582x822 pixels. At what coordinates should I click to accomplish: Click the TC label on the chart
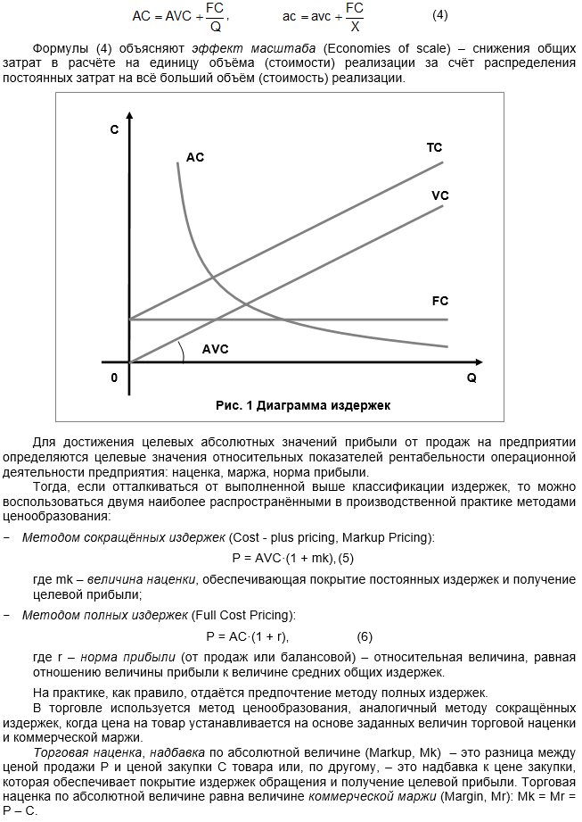(x=434, y=147)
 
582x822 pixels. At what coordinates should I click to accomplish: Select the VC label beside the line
(x=439, y=195)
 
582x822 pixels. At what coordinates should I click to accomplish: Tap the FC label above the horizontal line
(x=439, y=302)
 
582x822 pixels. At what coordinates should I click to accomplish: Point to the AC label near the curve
(x=195, y=157)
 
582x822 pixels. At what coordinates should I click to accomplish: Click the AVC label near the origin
(x=216, y=349)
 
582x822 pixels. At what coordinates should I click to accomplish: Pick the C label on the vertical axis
(x=114, y=130)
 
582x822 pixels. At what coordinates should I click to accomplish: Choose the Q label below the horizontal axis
(x=471, y=378)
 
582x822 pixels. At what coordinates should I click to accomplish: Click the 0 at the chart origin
(x=114, y=378)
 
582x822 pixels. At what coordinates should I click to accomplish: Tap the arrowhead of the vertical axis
(x=130, y=116)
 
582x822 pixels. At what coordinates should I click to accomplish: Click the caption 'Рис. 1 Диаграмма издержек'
(x=303, y=404)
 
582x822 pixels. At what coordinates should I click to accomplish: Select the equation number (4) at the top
(x=440, y=15)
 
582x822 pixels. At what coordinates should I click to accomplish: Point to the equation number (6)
(x=365, y=636)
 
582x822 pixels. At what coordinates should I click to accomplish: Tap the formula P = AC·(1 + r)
(x=248, y=636)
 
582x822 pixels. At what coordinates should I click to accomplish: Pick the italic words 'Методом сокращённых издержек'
(x=123, y=537)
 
